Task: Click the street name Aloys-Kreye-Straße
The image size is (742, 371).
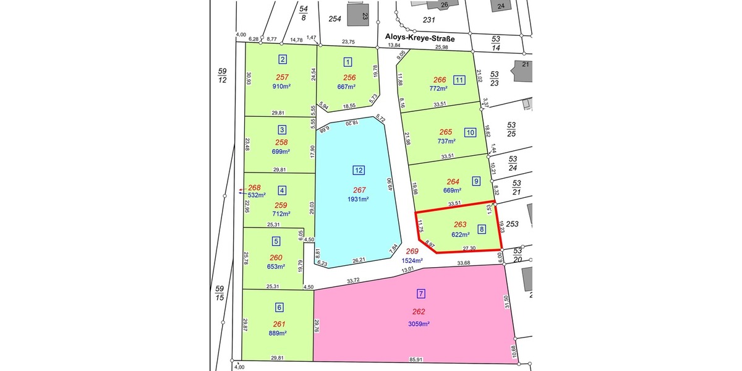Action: click(420, 39)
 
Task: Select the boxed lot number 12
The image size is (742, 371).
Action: click(359, 170)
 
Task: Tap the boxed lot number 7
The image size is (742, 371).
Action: click(421, 294)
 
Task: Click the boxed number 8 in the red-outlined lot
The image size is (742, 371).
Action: click(481, 229)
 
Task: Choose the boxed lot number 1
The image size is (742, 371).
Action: click(348, 61)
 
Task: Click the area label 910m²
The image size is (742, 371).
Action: click(281, 87)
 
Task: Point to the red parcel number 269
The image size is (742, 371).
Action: click(412, 252)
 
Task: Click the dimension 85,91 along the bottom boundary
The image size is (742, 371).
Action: click(416, 359)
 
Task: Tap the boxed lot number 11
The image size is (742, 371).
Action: click(459, 80)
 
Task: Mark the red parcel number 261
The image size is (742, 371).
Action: click(279, 324)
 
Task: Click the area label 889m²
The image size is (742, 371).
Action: click(279, 333)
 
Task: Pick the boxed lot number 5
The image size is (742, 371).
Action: click(276, 241)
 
